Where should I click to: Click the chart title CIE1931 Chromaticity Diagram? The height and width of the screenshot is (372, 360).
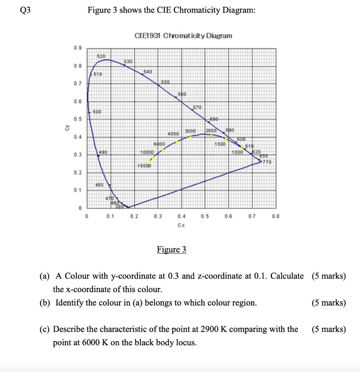tap(183, 36)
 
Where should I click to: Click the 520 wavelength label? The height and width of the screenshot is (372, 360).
tap(101, 56)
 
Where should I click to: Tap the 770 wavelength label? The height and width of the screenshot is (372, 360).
tap(267, 162)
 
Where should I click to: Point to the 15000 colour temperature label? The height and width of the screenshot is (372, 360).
tap(144, 166)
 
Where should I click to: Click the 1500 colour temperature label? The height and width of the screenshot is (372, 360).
tap(220, 144)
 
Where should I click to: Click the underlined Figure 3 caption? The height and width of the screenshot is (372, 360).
tap(172, 250)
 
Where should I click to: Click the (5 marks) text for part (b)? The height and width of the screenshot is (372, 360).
tap(328, 303)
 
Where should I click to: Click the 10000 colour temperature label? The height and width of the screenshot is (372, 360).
tap(147, 152)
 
